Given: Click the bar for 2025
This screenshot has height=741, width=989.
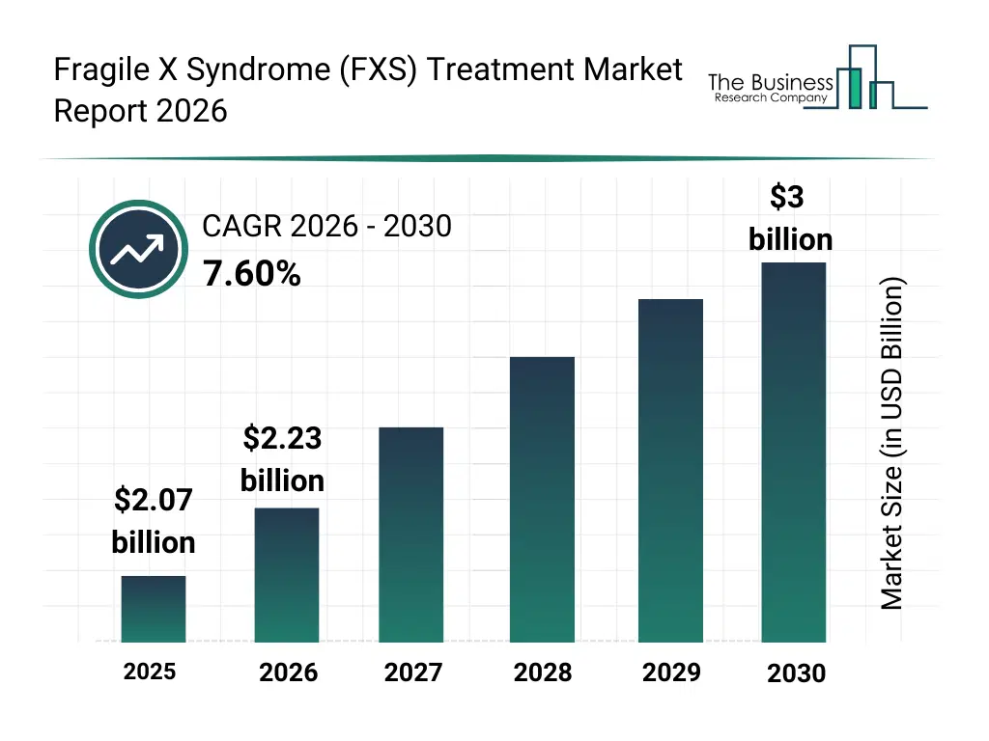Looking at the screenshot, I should click(154, 609).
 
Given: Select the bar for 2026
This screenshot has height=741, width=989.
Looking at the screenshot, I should click(287, 575).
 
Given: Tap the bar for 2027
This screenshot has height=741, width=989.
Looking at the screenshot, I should click(410, 535).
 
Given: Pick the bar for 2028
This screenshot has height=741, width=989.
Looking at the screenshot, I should click(542, 500).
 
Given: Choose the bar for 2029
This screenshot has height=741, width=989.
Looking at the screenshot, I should click(670, 471).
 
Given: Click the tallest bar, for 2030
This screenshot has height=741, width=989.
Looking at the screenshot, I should click(794, 453).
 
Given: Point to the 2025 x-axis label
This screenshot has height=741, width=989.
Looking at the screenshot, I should click(150, 671).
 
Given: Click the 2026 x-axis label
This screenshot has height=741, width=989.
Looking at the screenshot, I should click(288, 672).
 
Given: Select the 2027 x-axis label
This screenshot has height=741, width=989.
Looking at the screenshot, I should click(413, 672).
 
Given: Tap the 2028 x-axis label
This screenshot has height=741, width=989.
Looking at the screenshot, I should click(542, 672).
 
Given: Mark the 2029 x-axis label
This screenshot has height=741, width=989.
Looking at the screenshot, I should click(671, 672).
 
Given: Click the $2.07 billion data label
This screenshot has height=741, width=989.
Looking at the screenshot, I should click(154, 521).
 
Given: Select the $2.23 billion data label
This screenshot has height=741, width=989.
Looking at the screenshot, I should click(282, 459).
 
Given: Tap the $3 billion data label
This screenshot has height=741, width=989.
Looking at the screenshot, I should click(790, 218).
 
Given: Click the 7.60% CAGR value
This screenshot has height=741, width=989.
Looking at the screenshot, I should click(251, 275).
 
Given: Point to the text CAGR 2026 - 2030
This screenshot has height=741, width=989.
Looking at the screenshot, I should click(326, 226).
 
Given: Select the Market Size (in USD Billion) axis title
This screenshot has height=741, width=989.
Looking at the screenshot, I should click(892, 444).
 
